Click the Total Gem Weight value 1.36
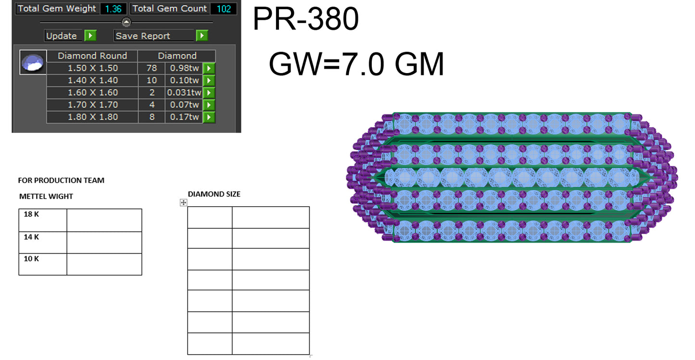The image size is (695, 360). (113, 9)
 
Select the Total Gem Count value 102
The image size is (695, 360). (223, 9)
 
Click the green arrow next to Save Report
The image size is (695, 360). (202, 36)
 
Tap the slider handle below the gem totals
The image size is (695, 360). (126, 22)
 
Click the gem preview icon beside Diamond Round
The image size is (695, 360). (33, 62)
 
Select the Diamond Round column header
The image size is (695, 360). (92, 56)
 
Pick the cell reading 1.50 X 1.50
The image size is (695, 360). (92, 68)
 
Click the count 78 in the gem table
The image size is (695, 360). (152, 68)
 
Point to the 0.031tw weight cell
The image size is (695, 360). (184, 92)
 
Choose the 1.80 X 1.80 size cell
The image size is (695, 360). (92, 117)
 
